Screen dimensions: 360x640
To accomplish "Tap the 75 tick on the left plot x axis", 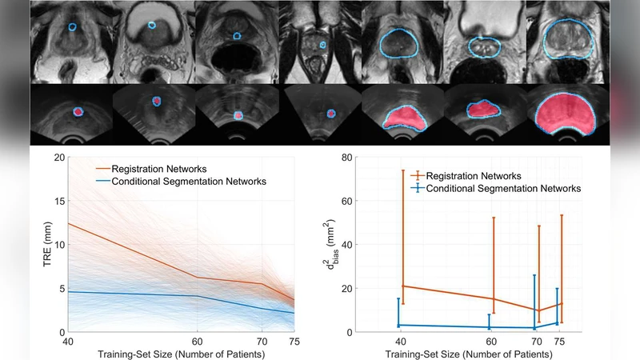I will (294, 340).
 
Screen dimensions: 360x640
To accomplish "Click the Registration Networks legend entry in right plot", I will (476, 175).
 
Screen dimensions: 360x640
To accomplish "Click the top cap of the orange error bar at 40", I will (402, 170).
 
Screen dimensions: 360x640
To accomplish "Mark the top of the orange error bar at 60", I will (494, 218).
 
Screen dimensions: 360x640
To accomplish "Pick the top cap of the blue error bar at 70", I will (534, 275).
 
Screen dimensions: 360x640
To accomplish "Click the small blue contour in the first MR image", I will (71, 26).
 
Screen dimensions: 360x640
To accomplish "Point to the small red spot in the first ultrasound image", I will (78, 113).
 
